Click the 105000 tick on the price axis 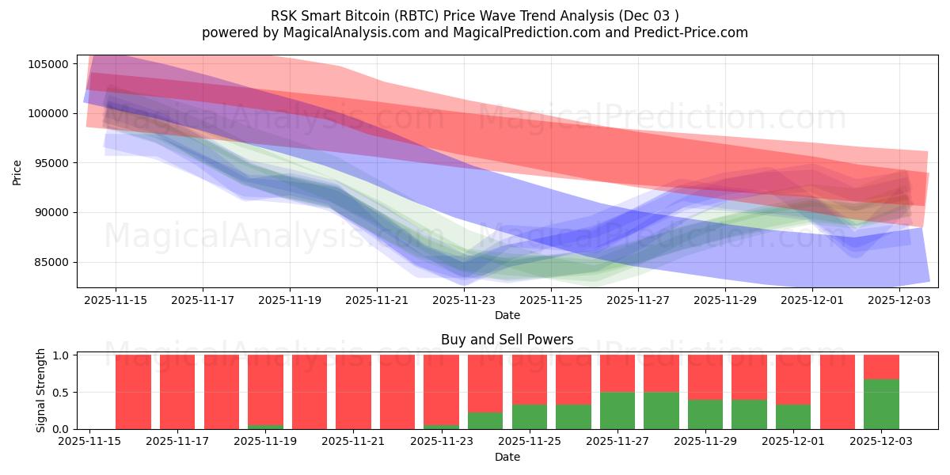49,64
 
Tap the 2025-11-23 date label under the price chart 463,300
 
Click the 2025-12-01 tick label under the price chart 811,300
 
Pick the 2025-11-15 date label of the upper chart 116,300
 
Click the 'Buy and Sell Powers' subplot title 507,340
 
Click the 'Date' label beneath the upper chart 507,315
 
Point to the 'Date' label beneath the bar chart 507,457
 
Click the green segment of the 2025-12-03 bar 881,405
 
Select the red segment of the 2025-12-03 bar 881,367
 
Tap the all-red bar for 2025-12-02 838,392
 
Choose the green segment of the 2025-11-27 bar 617,411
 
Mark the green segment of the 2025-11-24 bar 485,421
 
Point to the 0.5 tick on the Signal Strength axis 62,393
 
